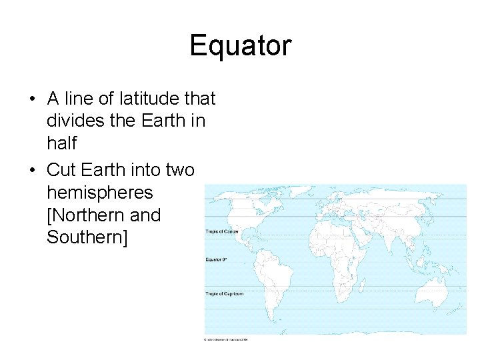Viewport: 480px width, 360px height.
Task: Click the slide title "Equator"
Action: (240, 45)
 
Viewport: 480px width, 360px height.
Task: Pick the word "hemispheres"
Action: (100, 193)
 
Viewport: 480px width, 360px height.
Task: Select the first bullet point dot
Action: (32, 99)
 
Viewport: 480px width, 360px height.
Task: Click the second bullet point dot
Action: (32, 170)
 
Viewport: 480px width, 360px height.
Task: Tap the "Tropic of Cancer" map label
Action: (222, 231)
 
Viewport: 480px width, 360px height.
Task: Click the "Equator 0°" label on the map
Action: (217, 259)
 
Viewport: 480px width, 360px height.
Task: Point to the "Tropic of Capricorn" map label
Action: (224, 293)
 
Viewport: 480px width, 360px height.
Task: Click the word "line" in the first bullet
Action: (79, 99)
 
